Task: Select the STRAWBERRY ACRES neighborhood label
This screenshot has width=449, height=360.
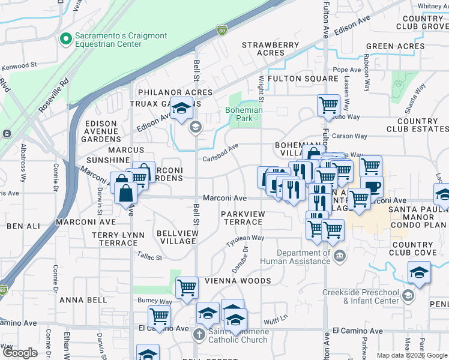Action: (x=270, y=49)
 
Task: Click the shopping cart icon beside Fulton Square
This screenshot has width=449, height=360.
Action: (x=328, y=105)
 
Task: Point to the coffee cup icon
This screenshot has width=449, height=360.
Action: (x=371, y=185)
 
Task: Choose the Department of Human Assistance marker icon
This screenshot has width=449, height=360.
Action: (x=339, y=257)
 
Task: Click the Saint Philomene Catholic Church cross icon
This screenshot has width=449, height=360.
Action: (x=199, y=335)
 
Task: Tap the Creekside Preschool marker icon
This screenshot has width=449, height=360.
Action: (x=408, y=295)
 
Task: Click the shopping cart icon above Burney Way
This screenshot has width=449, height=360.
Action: (x=187, y=287)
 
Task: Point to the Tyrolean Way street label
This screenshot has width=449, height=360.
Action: (x=244, y=238)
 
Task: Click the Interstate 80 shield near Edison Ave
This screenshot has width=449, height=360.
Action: (x=222, y=29)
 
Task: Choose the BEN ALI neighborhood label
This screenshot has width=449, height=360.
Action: (x=22, y=226)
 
